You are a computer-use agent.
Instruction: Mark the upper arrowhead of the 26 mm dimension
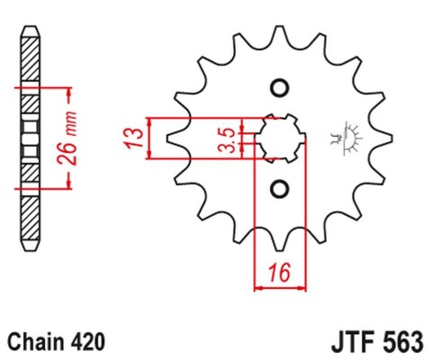[x=66, y=93]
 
